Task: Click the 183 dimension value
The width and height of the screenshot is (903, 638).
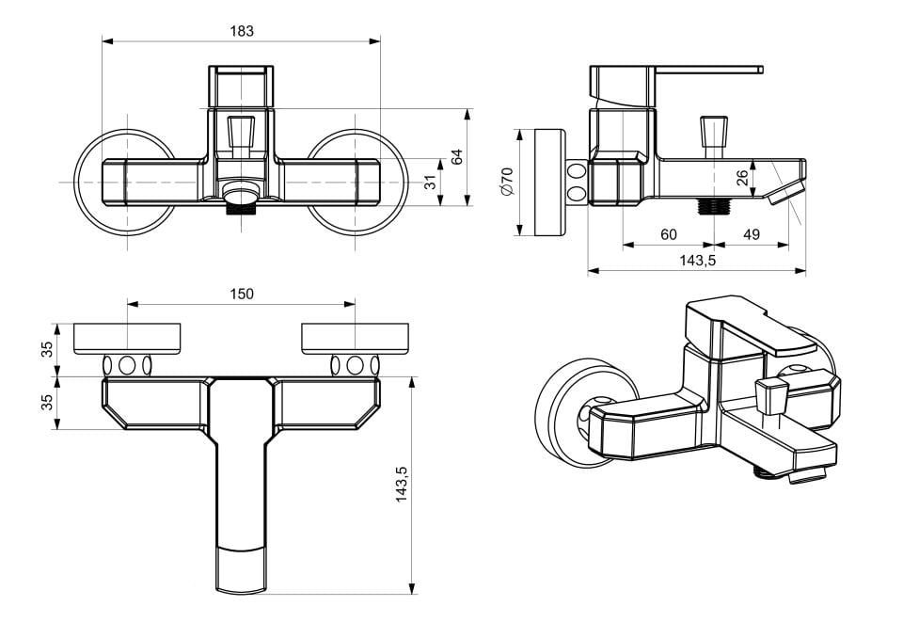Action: point(242,31)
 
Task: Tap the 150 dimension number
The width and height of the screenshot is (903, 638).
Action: point(242,295)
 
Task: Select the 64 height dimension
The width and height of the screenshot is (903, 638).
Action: point(457,157)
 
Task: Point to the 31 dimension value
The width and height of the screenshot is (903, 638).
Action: point(431,183)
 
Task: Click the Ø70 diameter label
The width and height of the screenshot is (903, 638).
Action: point(507,182)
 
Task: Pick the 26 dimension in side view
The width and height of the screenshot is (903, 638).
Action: point(742,178)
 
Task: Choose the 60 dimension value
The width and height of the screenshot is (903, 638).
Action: point(669,234)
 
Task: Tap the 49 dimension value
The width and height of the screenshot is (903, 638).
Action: point(752,234)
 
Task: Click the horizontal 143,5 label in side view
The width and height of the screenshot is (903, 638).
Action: point(697,261)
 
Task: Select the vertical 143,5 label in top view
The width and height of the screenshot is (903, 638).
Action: point(402,484)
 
